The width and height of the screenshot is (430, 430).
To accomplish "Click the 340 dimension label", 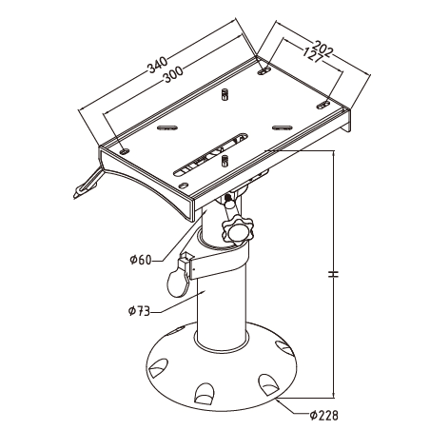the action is [x=157, y=65].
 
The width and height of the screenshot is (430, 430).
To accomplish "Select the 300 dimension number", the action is [x=173, y=74].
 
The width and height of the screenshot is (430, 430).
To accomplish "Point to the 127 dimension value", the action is [x=312, y=54].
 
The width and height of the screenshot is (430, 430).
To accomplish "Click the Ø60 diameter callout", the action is [x=141, y=260].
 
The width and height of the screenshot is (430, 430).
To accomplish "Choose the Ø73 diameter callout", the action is [x=139, y=311].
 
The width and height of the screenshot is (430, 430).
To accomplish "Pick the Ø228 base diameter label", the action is [x=323, y=416].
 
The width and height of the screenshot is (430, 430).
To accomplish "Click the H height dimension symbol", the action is [x=333, y=274].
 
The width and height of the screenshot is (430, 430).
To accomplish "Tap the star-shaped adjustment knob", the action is [x=238, y=229].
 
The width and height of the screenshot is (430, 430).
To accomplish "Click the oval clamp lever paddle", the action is [x=178, y=283].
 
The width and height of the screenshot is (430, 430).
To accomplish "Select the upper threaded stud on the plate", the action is [x=225, y=94].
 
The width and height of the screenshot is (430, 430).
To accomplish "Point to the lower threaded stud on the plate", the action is [x=225, y=161].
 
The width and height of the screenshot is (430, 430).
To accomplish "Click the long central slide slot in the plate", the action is [x=210, y=154].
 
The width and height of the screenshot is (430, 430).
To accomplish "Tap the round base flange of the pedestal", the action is [x=222, y=368].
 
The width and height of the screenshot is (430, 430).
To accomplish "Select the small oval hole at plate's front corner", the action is [x=184, y=185].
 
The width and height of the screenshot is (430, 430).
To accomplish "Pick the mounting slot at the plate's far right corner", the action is [x=323, y=106].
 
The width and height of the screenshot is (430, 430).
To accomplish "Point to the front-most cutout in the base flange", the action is [x=205, y=394].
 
